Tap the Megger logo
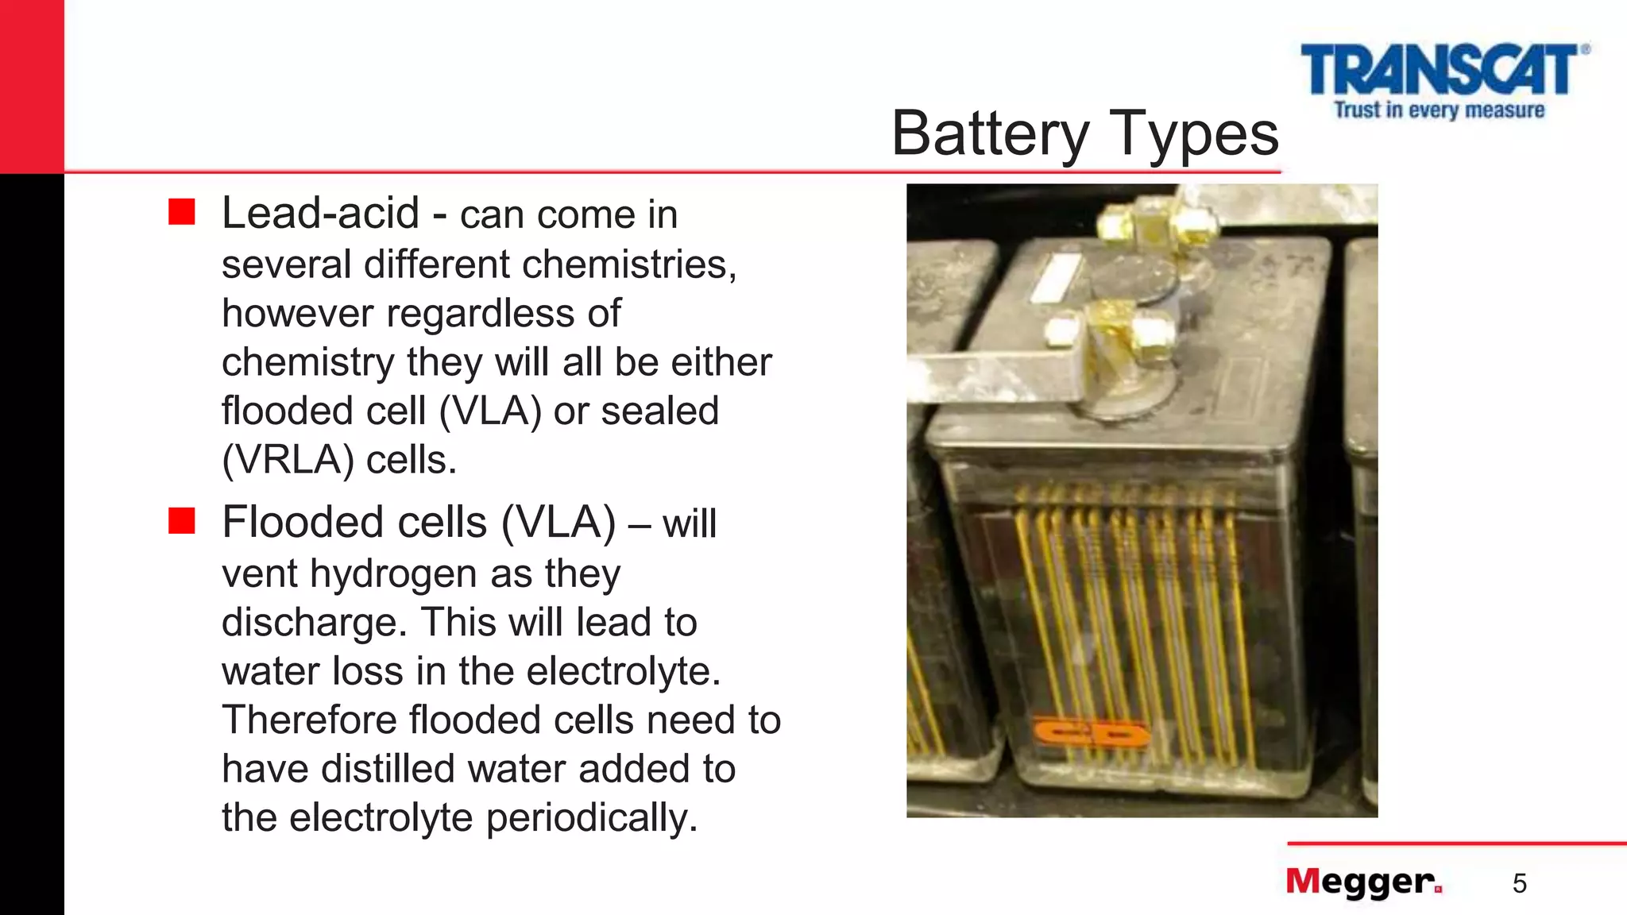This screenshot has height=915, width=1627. tap(1363, 882)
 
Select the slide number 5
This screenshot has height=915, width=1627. tap(1519, 883)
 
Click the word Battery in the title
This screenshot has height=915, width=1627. tap(990, 133)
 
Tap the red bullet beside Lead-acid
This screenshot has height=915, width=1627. tap(182, 212)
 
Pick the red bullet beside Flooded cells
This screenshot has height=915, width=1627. tap(182, 521)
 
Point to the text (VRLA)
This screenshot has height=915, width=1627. tap(288, 460)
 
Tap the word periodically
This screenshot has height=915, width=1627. tap(592, 818)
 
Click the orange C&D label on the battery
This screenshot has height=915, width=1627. tap(1090, 735)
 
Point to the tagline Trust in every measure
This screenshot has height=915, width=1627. tap(1439, 110)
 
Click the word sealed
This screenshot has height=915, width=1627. tap(659, 411)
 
